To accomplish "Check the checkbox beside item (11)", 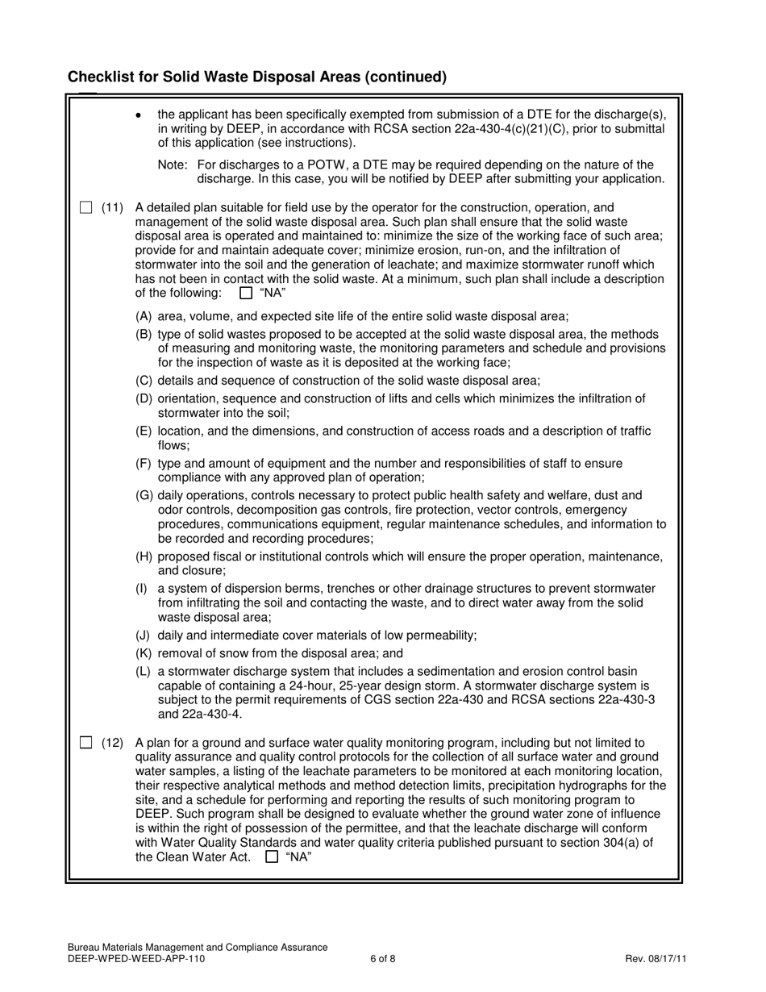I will click(x=85, y=208).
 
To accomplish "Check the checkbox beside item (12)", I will click(x=85, y=743).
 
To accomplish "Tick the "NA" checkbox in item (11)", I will click(x=246, y=293).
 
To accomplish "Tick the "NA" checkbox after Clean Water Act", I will click(x=272, y=857).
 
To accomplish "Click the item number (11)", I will click(x=112, y=208).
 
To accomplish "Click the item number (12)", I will click(x=112, y=743).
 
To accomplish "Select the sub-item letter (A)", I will click(x=144, y=316).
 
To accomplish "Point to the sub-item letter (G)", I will click(x=144, y=495).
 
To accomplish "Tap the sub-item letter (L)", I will click(x=144, y=671).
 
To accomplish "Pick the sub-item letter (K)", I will click(x=144, y=653).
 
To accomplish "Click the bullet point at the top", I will click(x=139, y=115).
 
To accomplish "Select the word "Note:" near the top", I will click(x=173, y=165).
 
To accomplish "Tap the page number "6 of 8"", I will click(x=383, y=959).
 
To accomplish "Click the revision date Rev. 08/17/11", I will click(x=656, y=959).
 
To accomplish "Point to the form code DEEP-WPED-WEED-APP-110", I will click(x=136, y=959).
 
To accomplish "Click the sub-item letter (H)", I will click(x=144, y=557).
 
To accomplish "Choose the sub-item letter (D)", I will click(x=144, y=398).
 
